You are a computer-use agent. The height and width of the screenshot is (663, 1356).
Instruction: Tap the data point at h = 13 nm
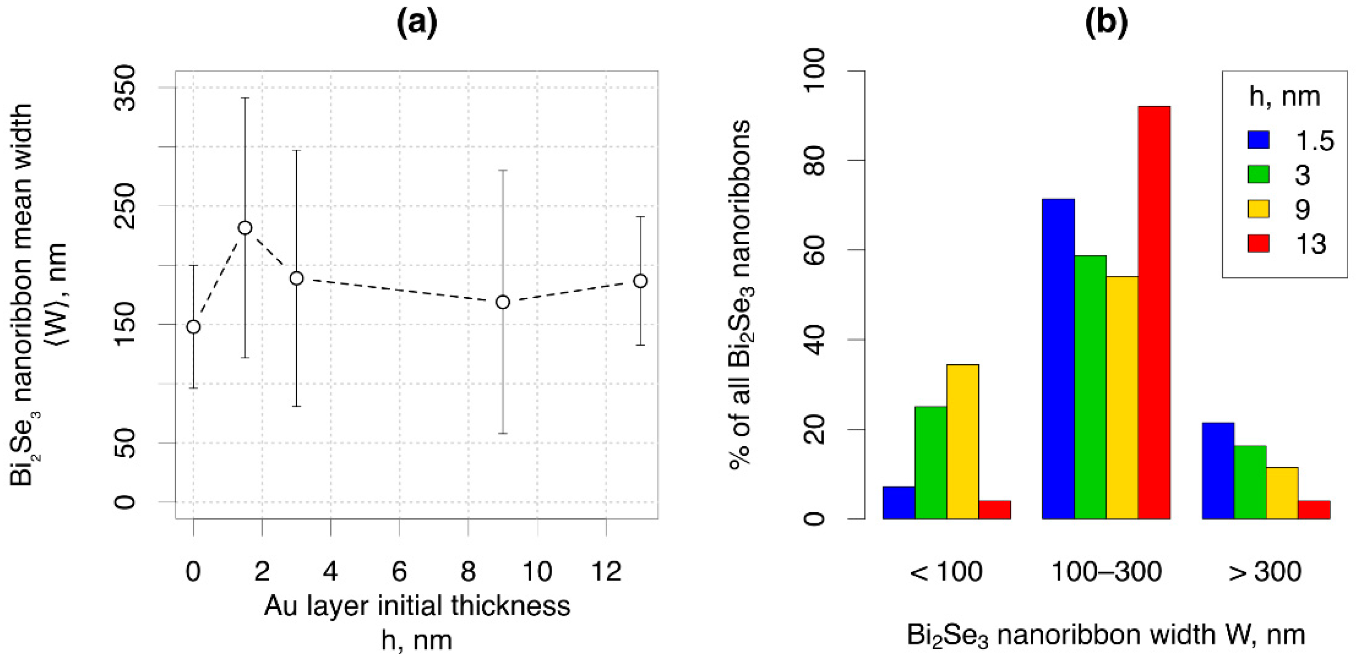[640, 281]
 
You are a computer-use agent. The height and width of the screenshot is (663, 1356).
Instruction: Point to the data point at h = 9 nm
[503, 302]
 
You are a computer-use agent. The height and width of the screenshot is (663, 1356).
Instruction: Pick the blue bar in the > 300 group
[1218, 470]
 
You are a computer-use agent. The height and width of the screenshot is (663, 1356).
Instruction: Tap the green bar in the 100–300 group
[1090, 387]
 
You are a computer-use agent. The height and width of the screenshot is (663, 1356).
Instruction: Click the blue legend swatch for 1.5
[1258, 140]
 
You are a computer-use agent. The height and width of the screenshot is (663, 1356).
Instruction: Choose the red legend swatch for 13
[1258, 244]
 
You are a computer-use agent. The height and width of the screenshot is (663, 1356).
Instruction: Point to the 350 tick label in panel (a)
[125, 88]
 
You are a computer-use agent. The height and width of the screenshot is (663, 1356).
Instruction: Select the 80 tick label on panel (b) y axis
[814, 160]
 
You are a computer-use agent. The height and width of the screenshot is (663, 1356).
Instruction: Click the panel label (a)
[417, 24]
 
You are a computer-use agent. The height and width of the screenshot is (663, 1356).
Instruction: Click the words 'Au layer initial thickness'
[417, 606]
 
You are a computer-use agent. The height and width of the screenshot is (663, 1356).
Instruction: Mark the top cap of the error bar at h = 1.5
[245, 98]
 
